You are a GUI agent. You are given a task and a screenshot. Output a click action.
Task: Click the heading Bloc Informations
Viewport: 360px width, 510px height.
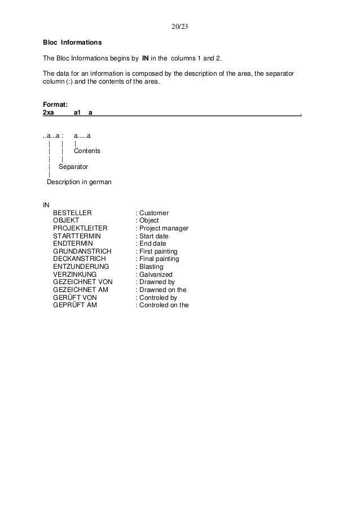coord(73,42)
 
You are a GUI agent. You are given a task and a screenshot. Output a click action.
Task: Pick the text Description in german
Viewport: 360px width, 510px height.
coord(79,182)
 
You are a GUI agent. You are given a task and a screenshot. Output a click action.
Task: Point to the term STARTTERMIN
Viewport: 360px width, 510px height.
coord(76,236)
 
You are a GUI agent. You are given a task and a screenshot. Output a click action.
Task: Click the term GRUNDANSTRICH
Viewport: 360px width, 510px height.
coord(82,251)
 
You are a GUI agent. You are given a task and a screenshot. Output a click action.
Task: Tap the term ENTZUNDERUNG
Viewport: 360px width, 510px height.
coord(81,267)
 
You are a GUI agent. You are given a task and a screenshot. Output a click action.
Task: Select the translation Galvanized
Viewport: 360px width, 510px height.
coord(156,274)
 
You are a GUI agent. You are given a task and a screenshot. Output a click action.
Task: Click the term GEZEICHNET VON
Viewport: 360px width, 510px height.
coord(83,282)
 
